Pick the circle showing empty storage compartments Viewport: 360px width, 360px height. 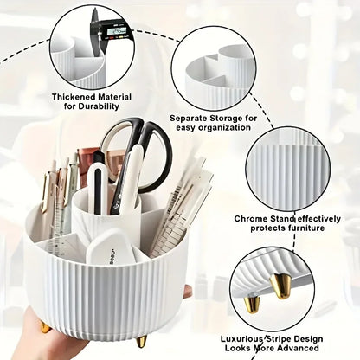[217, 67]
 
